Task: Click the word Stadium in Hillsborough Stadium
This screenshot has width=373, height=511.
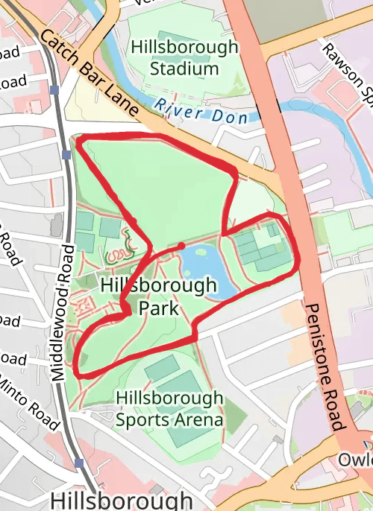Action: point(184,69)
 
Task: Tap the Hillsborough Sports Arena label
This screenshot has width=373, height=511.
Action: point(170,408)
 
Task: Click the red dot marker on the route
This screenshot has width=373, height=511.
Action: point(181,246)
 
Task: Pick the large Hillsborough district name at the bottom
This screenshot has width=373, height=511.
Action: point(121,499)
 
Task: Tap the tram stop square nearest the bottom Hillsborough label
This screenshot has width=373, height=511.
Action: point(79,463)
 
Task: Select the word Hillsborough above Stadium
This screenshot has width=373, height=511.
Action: point(185,47)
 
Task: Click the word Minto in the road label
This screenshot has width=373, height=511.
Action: point(14,390)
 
